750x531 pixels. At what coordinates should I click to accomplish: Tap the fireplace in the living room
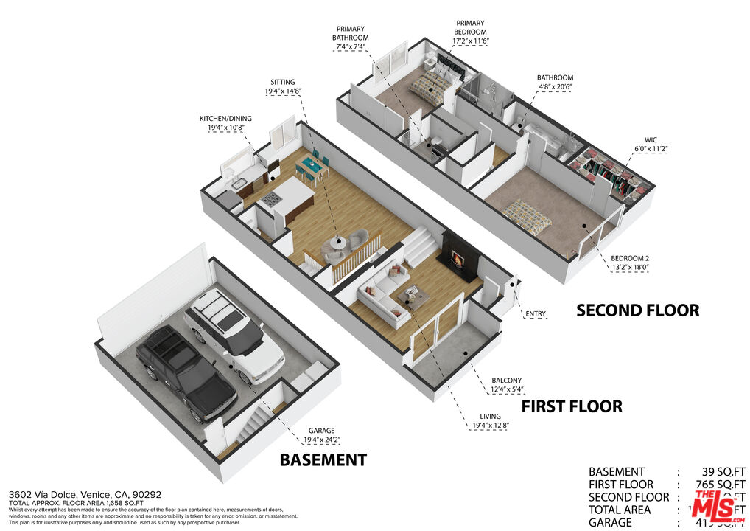pyautogui.click(x=458, y=260)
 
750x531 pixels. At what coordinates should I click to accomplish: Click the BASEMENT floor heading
pyautogui.click(x=323, y=460)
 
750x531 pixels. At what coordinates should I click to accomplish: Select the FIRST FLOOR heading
pyautogui.click(x=572, y=406)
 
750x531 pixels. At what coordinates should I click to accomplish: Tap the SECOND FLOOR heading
pyautogui.click(x=637, y=310)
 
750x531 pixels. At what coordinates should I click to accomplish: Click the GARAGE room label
pyautogui.click(x=321, y=430)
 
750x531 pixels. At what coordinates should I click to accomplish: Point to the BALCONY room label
pyautogui.click(x=506, y=381)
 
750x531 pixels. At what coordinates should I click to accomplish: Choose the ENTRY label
pyautogui.click(x=536, y=314)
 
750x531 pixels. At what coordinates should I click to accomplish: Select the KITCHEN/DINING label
pyautogui.click(x=222, y=118)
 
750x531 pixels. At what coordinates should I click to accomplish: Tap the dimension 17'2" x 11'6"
pyautogui.click(x=471, y=43)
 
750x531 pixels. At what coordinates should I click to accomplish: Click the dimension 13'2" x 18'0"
pyautogui.click(x=629, y=268)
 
